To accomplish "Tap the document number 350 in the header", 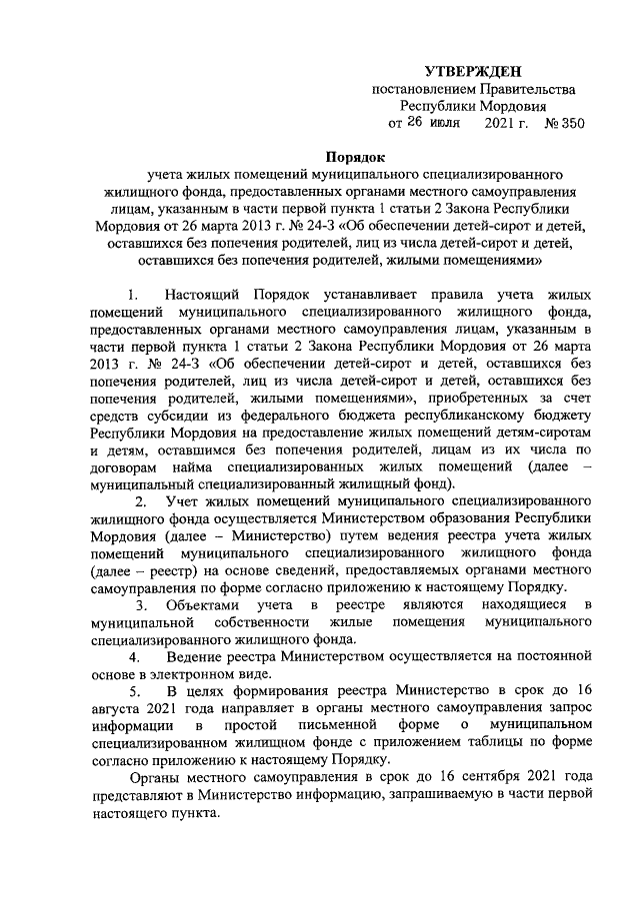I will coord(567,123).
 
